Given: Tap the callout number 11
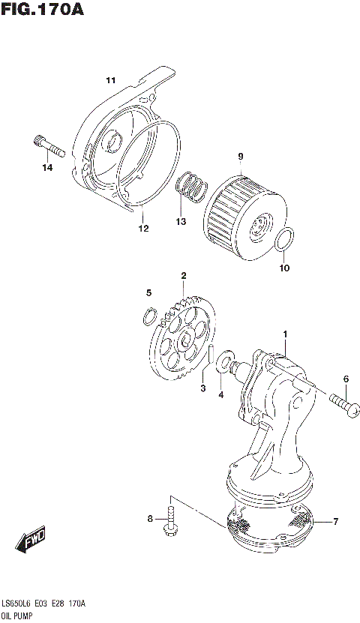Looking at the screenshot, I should click(110, 80).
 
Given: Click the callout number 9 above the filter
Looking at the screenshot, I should click(241, 156).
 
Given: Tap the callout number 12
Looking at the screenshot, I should click(142, 229).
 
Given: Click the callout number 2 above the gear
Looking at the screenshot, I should click(182, 277).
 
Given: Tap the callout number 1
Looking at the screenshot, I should click(285, 333).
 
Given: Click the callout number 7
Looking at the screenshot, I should click(336, 521).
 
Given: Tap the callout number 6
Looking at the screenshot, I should click(346, 379).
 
